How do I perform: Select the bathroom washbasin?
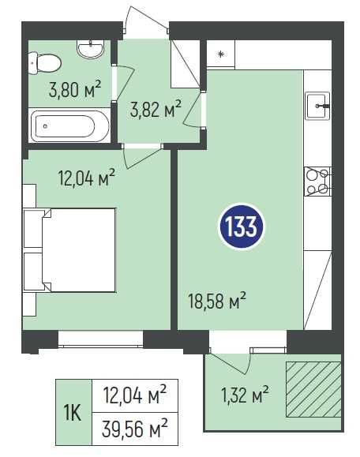90,48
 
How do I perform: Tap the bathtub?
69,126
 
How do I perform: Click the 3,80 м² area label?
75,89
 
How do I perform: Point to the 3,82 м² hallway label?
156,108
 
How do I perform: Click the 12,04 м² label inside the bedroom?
87,178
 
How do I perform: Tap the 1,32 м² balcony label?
245,393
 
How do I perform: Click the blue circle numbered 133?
241,227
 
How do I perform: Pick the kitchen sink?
317,106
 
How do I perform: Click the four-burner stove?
317,182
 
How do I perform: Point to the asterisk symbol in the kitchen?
222,54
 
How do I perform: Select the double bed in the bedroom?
79,249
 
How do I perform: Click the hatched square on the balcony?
313,389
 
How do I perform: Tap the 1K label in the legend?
73,413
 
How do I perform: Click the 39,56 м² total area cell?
135,429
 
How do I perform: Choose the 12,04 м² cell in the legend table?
135,395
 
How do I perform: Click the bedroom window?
100,339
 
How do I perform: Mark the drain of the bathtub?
45,126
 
